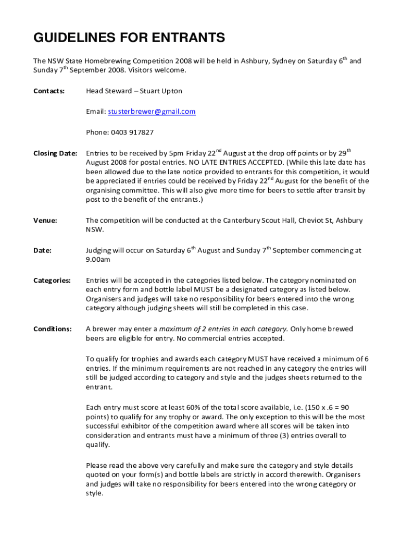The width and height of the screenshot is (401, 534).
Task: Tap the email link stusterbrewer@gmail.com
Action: pyautogui.click(x=152, y=112)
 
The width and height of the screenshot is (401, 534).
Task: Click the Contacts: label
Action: pyautogui.click(x=49, y=91)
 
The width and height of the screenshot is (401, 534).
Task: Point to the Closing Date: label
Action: pyautogui.click(x=55, y=154)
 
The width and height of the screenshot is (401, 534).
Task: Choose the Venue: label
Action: pyautogui.click(x=45, y=221)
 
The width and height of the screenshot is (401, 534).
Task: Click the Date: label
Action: pyautogui.click(x=42, y=250)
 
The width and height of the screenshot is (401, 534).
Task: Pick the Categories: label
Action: pyautogui.click(x=52, y=281)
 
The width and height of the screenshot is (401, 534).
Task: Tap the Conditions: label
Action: pyautogui.click(x=53, y=329)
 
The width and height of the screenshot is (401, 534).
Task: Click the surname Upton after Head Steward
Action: pyautogui.click(x=171, y=91)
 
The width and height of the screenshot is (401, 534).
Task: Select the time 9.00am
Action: pyautogui.click(x=98, y=260)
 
